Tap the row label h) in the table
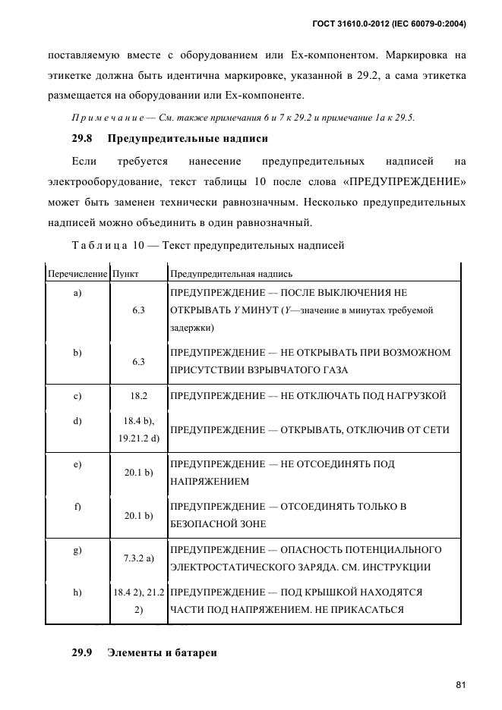[77, 592]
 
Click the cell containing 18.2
[138, 396]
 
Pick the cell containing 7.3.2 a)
[138, 558]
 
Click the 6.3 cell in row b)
[138, 362]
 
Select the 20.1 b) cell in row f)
[138, 515]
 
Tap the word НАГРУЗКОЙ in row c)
[414, 396]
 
